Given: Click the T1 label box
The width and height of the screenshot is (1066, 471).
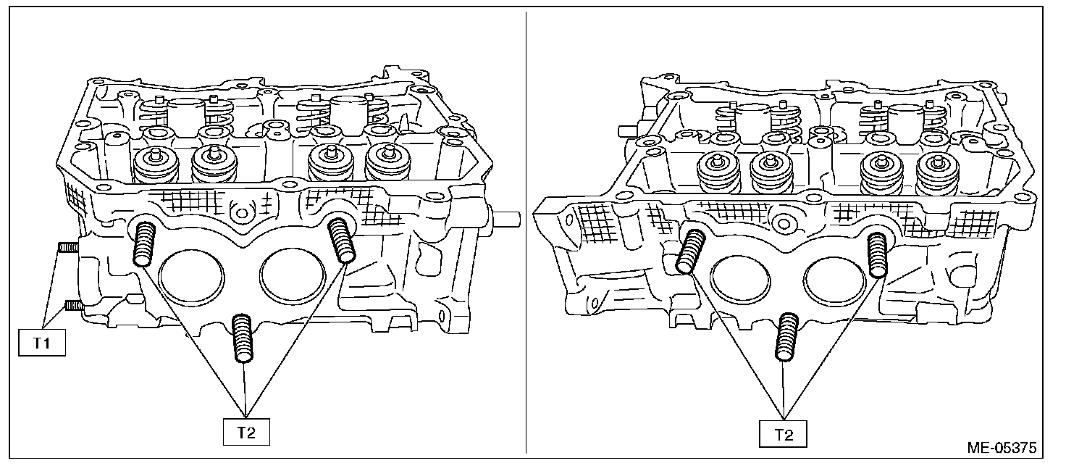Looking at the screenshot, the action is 41,343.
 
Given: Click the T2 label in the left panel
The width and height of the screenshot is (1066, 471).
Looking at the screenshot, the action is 245,433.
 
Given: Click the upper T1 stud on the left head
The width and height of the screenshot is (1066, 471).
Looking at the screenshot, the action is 68,249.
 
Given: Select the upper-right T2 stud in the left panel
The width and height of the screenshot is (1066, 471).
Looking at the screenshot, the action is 340,239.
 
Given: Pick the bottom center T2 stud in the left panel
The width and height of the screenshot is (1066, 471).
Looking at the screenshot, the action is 243,338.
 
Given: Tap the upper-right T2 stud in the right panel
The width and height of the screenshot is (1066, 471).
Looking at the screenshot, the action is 877,254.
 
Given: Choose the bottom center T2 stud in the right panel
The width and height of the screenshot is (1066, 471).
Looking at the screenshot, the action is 785,336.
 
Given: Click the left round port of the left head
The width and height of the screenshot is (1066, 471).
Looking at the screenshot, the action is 190,278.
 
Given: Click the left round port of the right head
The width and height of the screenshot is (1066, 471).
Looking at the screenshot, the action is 737,280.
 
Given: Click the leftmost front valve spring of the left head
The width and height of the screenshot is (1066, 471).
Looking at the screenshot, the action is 156,168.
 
